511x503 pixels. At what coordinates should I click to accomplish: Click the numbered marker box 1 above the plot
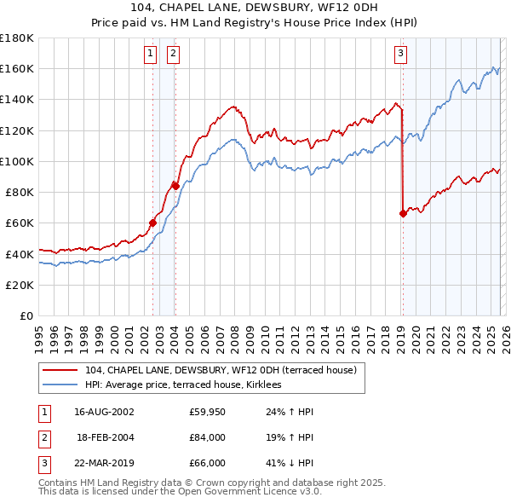pos(150,54)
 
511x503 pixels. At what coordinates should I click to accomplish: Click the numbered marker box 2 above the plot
pos(173,54)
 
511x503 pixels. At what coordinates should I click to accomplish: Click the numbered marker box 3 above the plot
pos(400,54)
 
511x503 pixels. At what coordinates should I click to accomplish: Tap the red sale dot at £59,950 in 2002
pos(153,223)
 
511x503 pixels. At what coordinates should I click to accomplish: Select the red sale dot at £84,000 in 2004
pos(175,185)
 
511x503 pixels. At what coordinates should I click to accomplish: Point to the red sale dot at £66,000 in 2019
pos(403,214)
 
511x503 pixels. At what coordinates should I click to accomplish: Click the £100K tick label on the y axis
pos(17,161)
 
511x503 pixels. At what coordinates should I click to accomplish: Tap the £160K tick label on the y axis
pos(17,68)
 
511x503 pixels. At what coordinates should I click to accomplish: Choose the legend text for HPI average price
pos(189,385)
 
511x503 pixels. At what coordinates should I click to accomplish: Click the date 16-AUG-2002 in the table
pos(104,411)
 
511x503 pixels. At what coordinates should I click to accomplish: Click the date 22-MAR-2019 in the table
pos(104,464)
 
